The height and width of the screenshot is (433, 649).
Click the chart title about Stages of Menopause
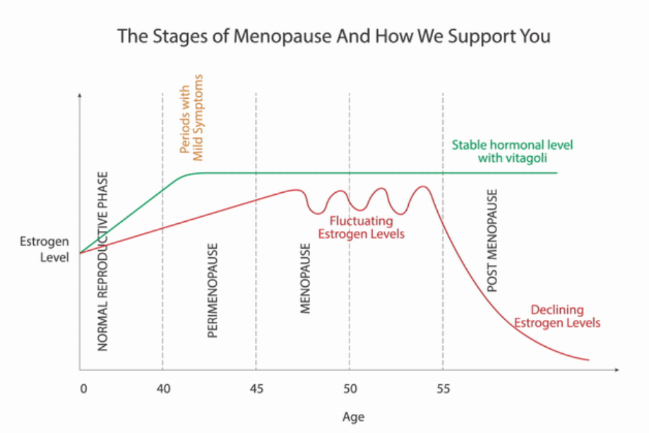tap(324, 35)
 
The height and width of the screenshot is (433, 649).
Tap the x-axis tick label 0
tap(83, 388)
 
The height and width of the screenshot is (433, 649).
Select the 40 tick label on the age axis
tap(162, 388)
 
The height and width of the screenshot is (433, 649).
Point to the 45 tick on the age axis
tap(256, 388)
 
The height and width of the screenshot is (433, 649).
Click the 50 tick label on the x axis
tap(350, 388)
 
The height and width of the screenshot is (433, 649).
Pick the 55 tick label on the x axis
tap(443, 388)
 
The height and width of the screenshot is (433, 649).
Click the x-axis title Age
tap(353, 417)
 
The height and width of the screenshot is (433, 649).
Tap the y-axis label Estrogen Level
tap(44, 250)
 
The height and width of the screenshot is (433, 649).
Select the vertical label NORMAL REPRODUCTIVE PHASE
tap(103, 261)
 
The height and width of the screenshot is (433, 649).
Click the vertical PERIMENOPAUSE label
tap(213, 291)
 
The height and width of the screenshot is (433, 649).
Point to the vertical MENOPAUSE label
tap(306, 278)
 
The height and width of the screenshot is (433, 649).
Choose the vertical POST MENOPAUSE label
tap(493, 240)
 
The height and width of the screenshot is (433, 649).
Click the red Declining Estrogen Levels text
tap(557, 316)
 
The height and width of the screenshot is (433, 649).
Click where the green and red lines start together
tap(81, 252)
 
